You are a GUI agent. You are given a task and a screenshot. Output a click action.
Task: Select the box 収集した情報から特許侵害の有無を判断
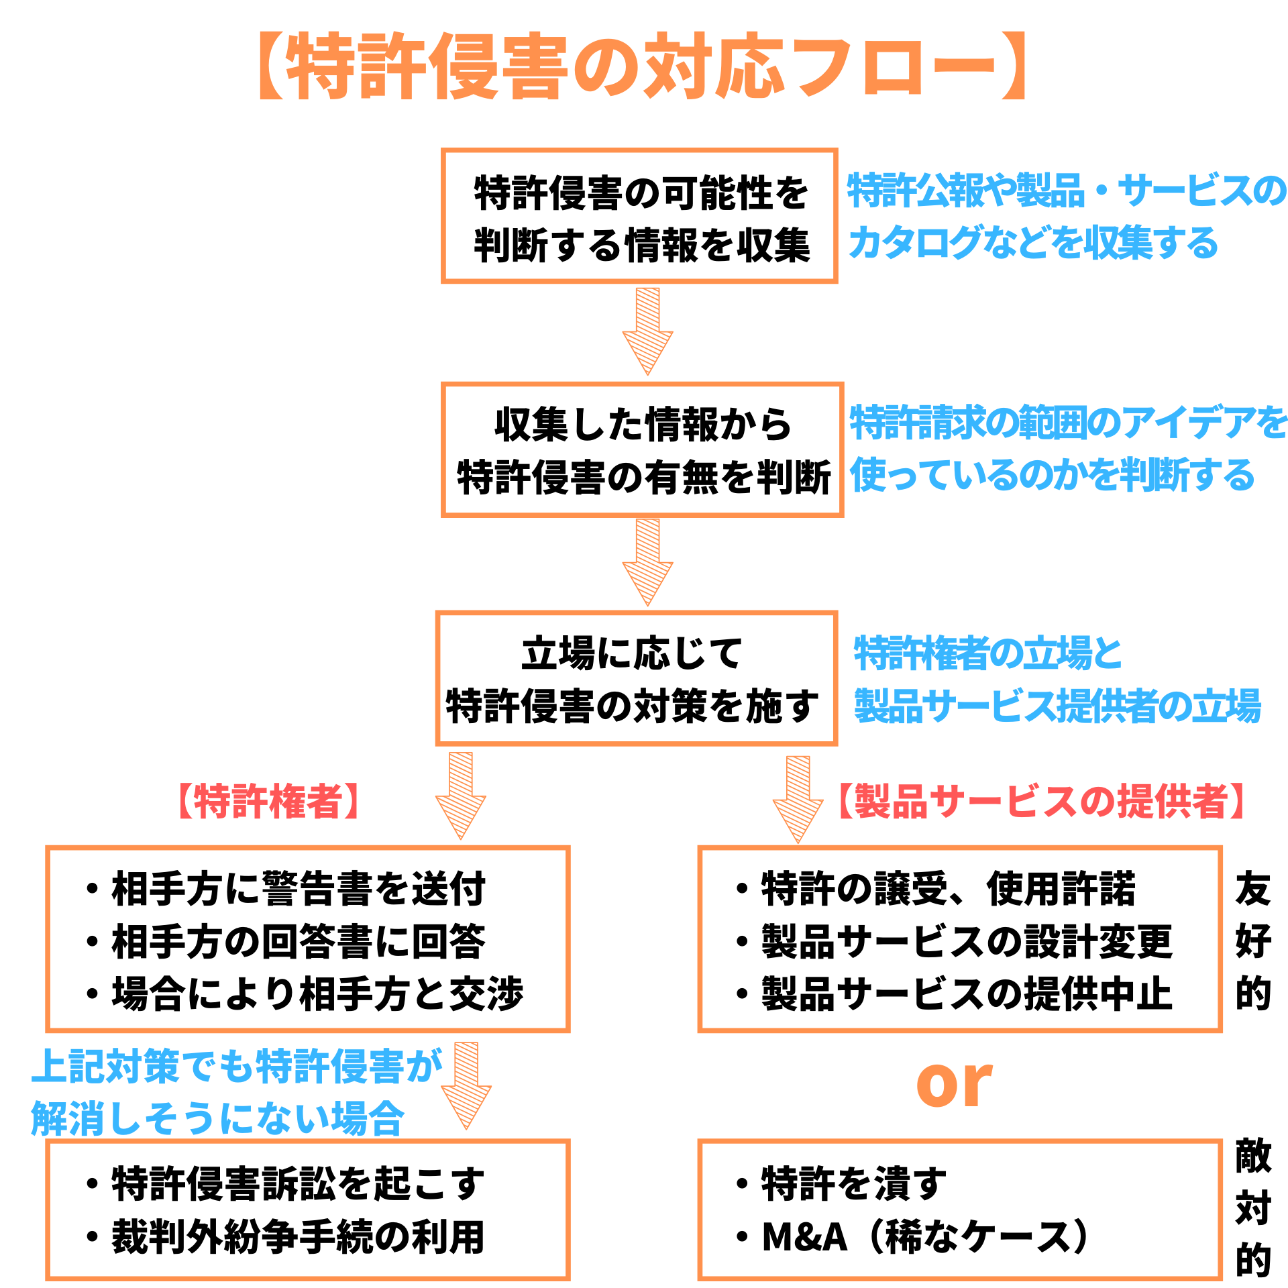(642, 449)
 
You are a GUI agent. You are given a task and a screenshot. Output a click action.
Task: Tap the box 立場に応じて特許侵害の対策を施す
(636, 678)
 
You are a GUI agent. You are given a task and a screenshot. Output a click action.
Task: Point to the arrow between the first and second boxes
(647, 330)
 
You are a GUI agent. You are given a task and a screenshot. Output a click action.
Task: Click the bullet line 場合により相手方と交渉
(305, 994)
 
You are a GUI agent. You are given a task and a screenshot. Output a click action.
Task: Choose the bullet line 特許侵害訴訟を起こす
(286, 1184)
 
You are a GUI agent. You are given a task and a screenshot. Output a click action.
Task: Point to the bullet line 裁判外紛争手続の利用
(286, 1237)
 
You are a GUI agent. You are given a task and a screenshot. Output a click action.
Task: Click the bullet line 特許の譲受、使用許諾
(936, 888)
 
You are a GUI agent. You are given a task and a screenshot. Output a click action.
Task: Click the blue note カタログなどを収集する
(1033, 243)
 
